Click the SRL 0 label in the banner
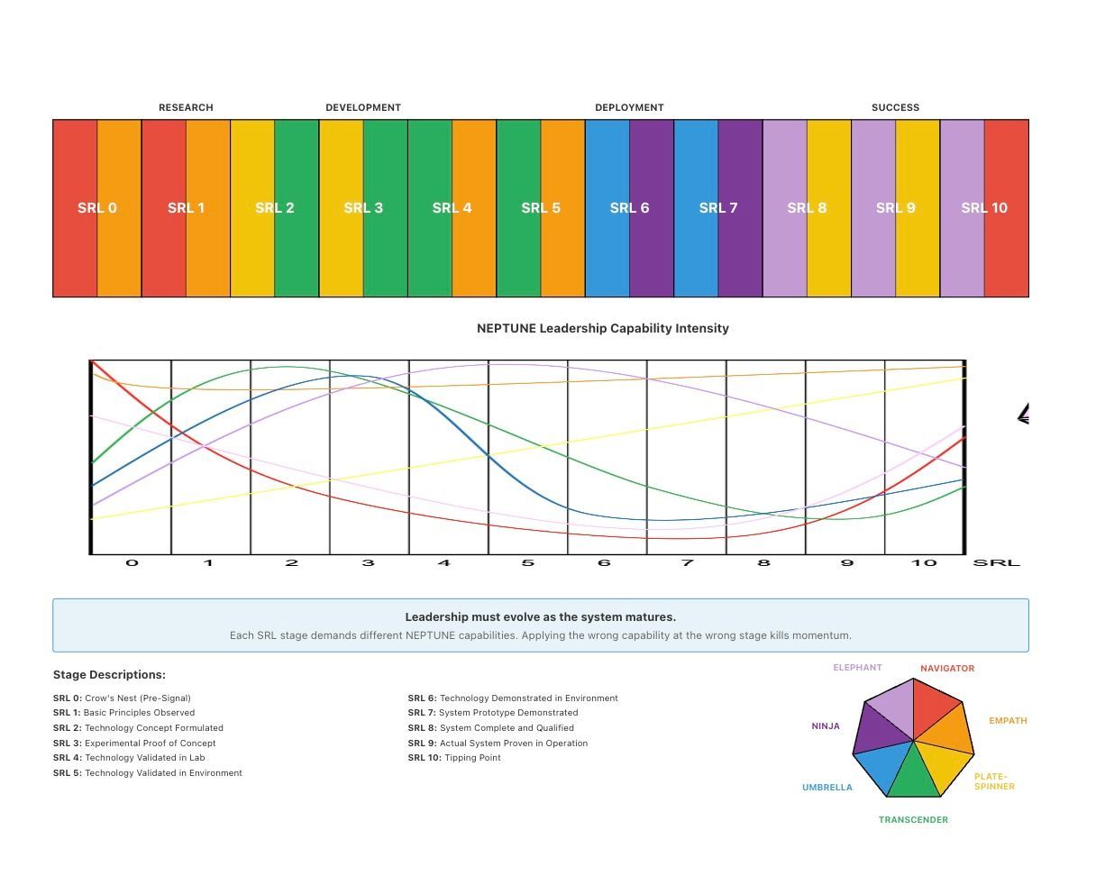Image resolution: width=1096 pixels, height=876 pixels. (x=97, y=208)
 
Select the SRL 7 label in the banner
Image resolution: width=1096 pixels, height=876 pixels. (x=718, y=208)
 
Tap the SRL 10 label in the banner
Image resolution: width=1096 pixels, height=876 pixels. (x=984, y=208)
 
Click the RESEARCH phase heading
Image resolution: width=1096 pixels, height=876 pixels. (x=186, y=107)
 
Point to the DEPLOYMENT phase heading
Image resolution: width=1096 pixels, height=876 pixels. (x=629, y=107)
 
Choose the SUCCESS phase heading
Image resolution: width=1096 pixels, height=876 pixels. (x=895, y=107)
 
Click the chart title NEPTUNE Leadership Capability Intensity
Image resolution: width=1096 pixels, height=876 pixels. (x=602, y=328)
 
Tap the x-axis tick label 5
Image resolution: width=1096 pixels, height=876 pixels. (x=527, y=563)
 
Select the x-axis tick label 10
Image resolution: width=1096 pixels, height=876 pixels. (x=924, y=563)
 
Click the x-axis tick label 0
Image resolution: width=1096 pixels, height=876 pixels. (x=132, y=563)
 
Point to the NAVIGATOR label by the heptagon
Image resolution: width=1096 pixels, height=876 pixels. (x=947, y=669)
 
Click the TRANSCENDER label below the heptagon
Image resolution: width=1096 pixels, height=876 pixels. (x=913, y=820)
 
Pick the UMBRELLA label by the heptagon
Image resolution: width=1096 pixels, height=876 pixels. (x=827, y=788)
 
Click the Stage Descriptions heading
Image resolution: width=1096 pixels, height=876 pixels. (x=109, y=674)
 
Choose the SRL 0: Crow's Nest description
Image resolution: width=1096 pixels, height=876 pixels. (x=122, y=698)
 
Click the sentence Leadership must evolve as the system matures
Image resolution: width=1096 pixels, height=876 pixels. (x=540, y=617)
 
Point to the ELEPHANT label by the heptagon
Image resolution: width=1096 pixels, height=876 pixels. (x=857, y=668)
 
